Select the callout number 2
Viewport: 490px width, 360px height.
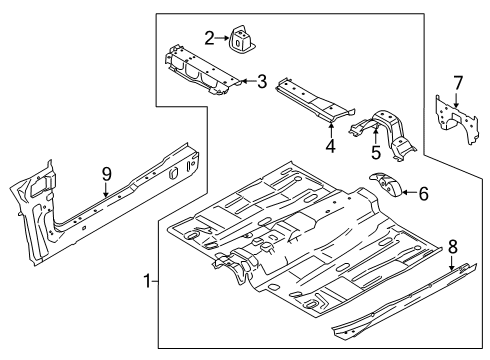(x=209, y=39)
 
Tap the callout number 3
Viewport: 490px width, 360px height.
(x=261, y=82)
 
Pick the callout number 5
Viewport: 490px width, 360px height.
(x=376, y=153)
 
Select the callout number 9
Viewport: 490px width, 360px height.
(x=105, y=173)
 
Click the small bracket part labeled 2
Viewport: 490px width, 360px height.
(x=242, y=38)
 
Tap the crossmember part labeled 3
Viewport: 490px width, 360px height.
(x=200, y=72)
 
